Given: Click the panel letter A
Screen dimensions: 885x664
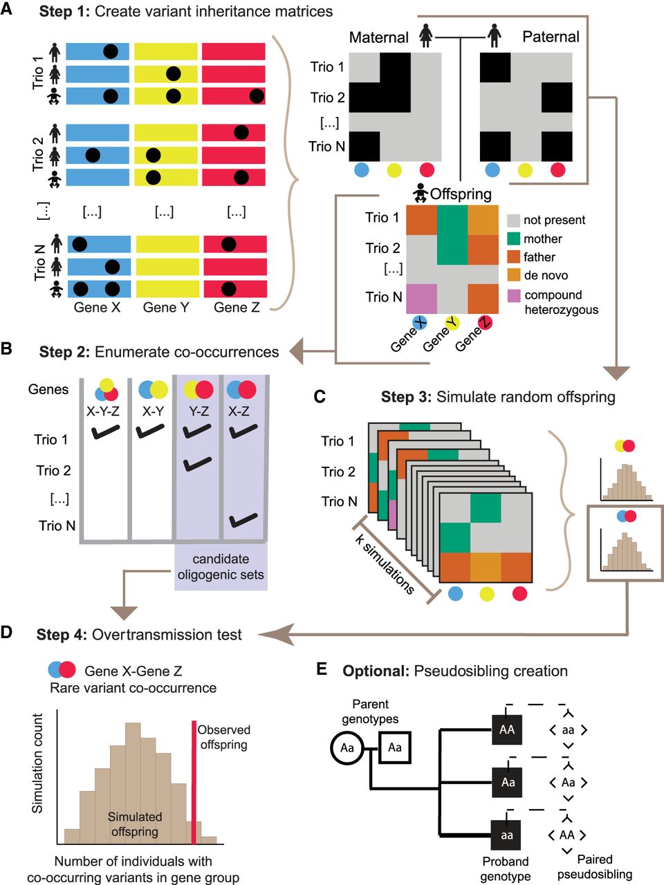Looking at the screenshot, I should [8, 11].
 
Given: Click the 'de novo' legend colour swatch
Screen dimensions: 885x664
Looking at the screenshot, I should [513, 275].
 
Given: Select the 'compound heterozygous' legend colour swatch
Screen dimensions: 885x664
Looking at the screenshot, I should [513, 296].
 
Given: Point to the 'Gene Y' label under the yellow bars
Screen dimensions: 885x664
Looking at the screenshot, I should [165, 307].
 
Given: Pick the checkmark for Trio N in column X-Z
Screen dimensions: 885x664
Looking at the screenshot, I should [243, 519].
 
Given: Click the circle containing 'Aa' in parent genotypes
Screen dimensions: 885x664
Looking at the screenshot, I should [347, 747].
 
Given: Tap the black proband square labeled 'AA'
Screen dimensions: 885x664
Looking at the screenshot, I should [508, 729].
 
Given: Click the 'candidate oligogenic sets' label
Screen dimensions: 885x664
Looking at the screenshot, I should [221, 566].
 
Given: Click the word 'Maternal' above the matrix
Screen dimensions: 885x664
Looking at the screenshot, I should [378, 37].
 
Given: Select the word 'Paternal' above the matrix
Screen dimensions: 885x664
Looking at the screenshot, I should [551, 37].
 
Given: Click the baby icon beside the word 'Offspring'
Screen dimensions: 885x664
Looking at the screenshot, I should [419, 194].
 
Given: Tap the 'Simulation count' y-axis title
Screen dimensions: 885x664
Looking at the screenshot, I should [38, 763].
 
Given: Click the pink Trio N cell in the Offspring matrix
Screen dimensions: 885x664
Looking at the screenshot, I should [421, 298].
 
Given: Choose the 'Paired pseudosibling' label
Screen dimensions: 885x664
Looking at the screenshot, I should [595, 867].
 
